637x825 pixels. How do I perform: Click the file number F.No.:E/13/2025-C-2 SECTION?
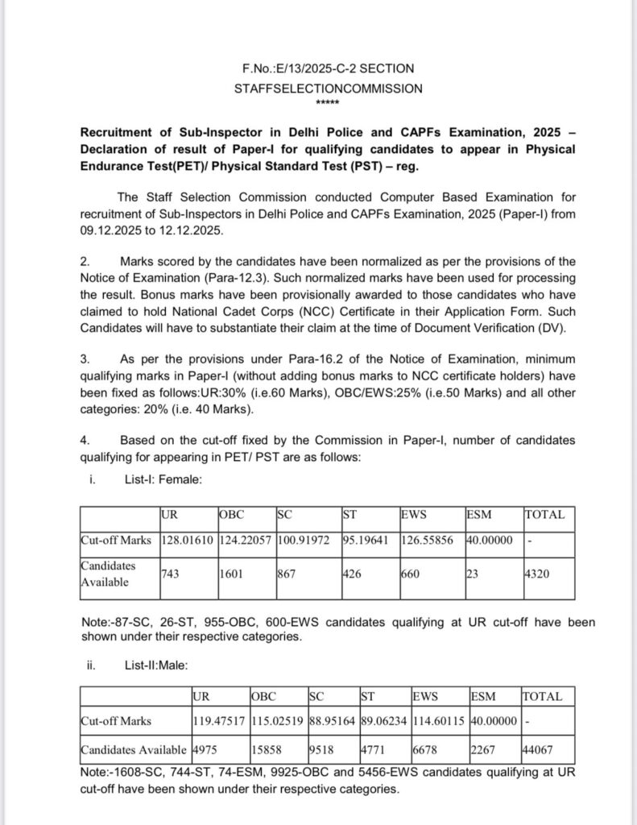tap(328, 69)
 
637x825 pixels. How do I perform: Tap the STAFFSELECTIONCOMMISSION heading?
tap(328, 89)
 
